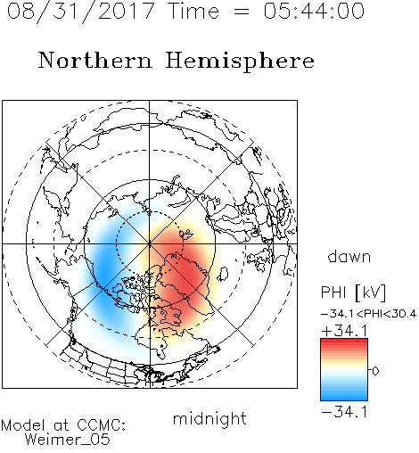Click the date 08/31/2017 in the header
[80, 12]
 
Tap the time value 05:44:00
[314, 11]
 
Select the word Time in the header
[193, 11]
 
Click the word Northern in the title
[95, 60]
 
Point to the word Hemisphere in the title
[240, 62]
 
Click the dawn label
[349, 256]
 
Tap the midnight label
[209, 419]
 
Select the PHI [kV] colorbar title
[353, 292]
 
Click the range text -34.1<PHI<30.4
[368, 314]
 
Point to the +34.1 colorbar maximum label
[344, 331]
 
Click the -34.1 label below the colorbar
[344, 412]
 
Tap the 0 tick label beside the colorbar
[375, 371]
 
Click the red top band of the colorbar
[344, 343]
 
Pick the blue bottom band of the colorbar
[344, 396]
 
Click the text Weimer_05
[68, 440]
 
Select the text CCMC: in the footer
[102, 425]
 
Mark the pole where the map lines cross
[150, 243]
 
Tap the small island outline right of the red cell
[223, 274]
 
